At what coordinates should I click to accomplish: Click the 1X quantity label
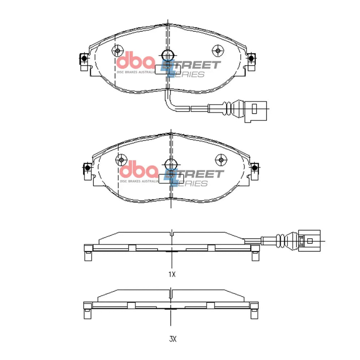[172, 274]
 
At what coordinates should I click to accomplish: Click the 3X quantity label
[173, 339]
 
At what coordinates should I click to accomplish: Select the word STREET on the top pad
[191, 65]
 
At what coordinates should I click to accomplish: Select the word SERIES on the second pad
[190, 184]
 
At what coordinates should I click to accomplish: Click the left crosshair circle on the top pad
[117, 51]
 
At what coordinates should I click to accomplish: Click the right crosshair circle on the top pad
[218, 51]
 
